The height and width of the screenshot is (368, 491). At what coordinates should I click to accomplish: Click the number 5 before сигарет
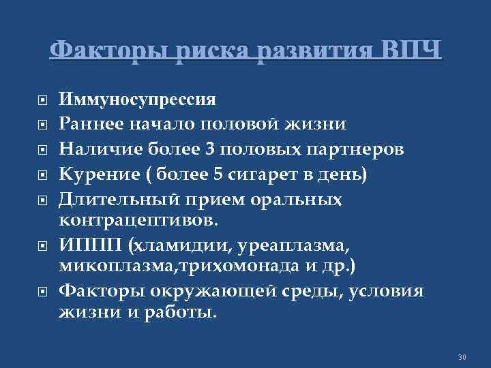pos(218,175)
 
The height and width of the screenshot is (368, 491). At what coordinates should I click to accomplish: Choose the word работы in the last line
pos(180,312)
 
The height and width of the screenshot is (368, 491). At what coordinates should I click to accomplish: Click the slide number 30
pos(462,358)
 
